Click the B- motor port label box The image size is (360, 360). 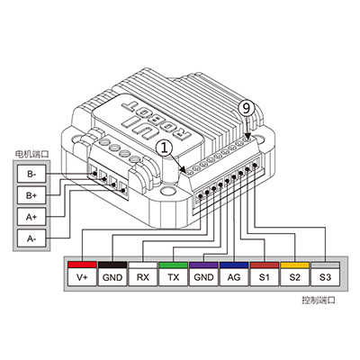point(31,174)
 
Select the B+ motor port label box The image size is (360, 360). point(31,195)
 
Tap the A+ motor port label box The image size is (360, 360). point(31,217)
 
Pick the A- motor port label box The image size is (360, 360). point(31,238)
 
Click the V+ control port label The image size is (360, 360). point(82,277)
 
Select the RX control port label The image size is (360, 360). point(143,277)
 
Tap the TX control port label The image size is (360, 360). point(173,277)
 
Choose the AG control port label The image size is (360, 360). point(234,277)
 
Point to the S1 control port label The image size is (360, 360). point(265,277)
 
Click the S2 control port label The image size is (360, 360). point(295,277)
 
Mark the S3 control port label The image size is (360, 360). point(325,277)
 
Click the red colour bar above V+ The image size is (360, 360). point(82,265)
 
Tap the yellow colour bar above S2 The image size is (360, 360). point(295,265)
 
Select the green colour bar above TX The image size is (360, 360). point(173,265)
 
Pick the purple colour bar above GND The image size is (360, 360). point(203,265)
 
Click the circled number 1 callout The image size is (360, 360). point(164,148)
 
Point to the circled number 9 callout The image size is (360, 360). point(246,108)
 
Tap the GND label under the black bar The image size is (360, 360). point(112,277)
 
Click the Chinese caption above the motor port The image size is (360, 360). point(31,154)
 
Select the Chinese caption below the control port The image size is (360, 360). point(319,300)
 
